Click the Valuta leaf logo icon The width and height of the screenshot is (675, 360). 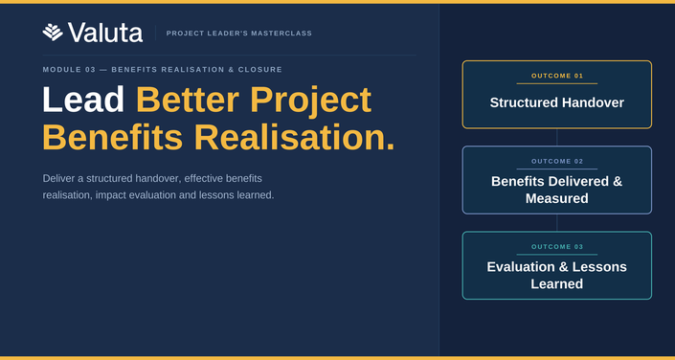click(53, 33)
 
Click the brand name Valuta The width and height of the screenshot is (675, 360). click(105, 33)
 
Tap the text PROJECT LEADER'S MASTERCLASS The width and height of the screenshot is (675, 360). click(239, 34)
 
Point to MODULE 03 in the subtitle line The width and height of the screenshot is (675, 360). click(69, 69)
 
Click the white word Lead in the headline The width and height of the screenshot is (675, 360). click(83, 100)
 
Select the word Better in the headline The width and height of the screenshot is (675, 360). click(188, 100)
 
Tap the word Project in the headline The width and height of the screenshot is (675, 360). click(311, 101)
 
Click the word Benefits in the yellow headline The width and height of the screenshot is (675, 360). click(112, 137)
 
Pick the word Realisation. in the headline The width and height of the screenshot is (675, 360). click(295, 137)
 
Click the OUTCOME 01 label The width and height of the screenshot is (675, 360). click(557, 76)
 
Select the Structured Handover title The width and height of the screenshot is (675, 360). click(557, 102)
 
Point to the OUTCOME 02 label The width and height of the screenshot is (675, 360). click(557, 162)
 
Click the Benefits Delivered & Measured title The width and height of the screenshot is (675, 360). click(557, 190)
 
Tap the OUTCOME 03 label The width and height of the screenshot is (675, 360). click(557, 247)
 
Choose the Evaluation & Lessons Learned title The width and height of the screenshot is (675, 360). click(557, 275)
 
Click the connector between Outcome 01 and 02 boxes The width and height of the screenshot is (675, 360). click(557, 137)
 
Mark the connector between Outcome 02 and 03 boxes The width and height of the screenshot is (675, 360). click(557, 223)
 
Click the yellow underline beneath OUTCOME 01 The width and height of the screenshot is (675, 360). click(557, 83)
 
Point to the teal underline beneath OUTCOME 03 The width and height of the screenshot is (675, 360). click(557, 255)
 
